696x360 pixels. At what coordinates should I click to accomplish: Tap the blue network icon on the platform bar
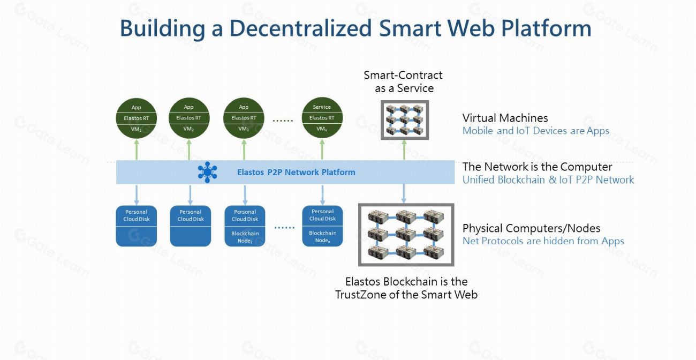pos(207,172)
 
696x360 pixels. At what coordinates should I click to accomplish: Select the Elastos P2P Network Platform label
pos(296,172)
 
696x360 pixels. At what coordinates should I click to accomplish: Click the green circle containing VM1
pos(136,118)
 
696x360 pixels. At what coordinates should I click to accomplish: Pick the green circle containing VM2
pos(188,118)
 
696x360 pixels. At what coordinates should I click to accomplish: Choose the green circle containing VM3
pos(244,118)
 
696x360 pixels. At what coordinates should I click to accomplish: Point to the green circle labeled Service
pos(322,118)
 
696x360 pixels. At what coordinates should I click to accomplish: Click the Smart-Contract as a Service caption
pos(403,81)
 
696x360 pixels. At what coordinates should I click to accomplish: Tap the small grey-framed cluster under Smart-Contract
pos(404,120)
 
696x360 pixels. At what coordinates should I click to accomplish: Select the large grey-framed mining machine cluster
pos(406,235)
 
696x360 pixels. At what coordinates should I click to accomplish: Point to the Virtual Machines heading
pos(505,118)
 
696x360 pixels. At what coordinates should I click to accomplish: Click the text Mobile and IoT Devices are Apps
pos(535,131)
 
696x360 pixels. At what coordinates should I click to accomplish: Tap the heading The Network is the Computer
pos(537,167)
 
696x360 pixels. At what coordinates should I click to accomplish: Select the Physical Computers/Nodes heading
pos(531,228)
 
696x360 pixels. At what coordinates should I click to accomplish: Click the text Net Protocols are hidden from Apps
pos(543,241)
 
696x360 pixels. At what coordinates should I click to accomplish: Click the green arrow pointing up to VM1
pos(137,149)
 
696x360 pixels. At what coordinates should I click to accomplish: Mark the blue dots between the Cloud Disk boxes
pos(284,227)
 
